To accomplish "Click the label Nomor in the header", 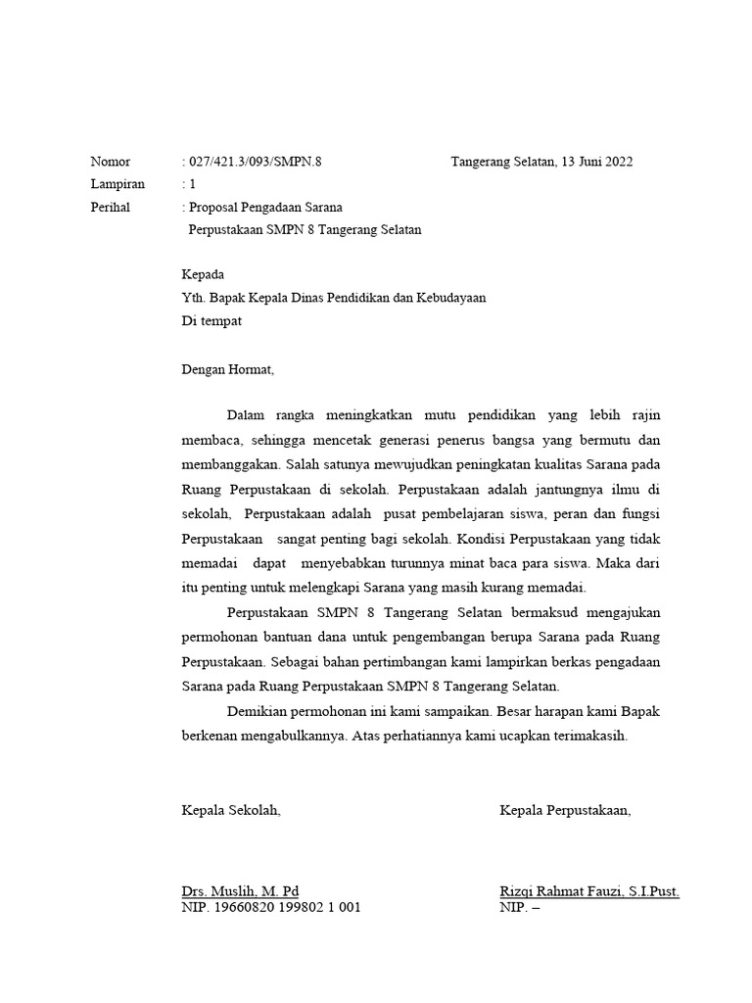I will click(110, 162).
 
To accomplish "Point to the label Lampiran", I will click(117, 184).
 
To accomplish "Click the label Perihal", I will click(110, 208).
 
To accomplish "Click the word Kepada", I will click(203, 275).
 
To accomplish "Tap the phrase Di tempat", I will click(211, 320).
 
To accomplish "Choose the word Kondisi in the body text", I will click(480, 539).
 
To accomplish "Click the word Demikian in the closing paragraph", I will click(258, 709).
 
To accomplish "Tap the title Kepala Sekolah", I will click(231, 810).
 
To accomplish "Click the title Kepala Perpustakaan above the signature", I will click(565, 810).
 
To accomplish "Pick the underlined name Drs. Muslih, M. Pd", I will click(240, 891).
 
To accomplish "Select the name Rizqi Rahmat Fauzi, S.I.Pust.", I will click(588, 891).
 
